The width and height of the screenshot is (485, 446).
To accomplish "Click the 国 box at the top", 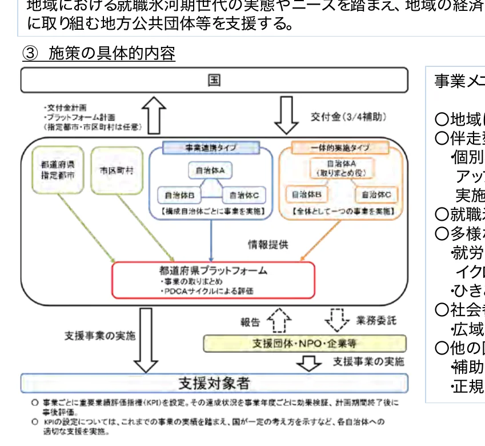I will click(x=214, y=80).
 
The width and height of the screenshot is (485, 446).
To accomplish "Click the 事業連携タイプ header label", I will click(x=211, y=148).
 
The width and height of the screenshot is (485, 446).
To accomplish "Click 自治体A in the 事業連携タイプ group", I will click(x=211, y=170).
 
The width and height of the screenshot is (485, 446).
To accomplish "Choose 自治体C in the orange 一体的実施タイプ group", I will click(x=376, y=195).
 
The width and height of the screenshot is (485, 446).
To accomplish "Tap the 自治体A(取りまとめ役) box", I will click(x=339, y=168).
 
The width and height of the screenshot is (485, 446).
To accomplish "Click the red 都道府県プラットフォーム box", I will click(x=213, y=280).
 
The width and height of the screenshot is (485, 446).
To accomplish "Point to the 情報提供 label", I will click(x=268, y=245).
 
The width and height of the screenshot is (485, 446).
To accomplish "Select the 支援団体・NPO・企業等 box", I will click(x=305, y=344).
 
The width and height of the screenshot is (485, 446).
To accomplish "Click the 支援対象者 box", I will click(x=214, y=383).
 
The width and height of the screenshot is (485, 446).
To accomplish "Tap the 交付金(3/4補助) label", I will click(x=348, y=117).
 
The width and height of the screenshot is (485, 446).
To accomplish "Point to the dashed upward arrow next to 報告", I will click(x=280, y=321).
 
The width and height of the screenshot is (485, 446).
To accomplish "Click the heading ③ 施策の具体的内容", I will click(x=98, y=54).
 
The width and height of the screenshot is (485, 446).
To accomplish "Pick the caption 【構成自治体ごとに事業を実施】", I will click(x=211, y=212).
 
